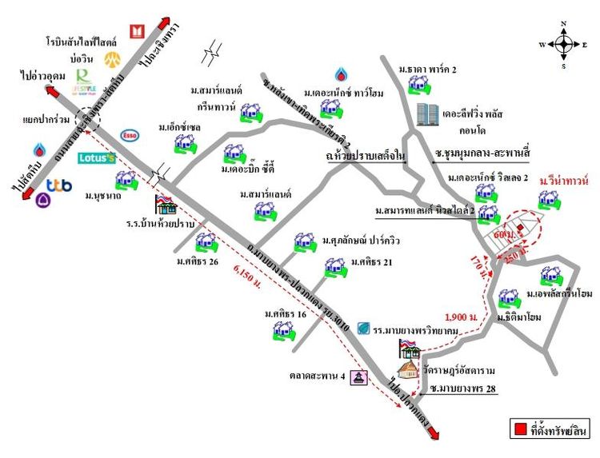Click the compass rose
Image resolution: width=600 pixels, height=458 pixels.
[564, 44]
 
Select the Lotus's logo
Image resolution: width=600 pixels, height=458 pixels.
[97, 158]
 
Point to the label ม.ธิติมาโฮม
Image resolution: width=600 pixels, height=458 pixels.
[519, 317]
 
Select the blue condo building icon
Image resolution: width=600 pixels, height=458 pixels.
[427, 116]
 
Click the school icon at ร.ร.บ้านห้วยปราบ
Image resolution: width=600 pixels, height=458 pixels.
[166, 205]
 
